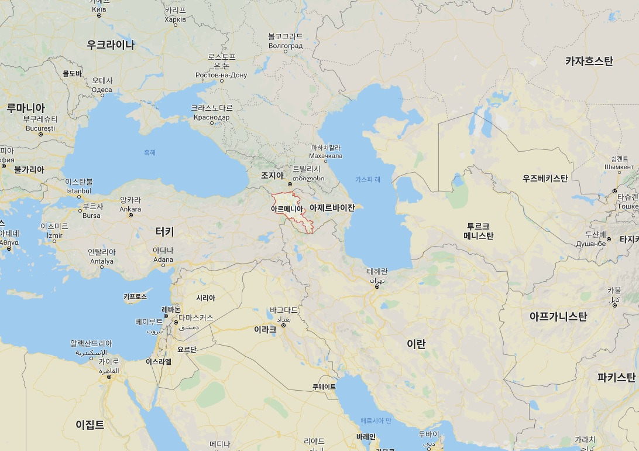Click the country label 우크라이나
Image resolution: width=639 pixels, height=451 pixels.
[111, 45]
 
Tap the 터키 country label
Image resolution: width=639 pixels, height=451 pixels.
[164, 231]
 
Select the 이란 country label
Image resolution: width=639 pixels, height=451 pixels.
[416, 344]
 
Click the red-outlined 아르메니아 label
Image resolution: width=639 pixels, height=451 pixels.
[287, 209]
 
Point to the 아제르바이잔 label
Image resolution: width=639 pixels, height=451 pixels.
[332, 208]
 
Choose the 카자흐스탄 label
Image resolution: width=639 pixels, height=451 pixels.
[589, 61]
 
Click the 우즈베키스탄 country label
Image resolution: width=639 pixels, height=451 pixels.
[545, 178]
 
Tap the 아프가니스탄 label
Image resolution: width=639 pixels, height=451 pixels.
[558, 317]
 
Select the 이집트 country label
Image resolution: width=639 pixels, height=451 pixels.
[90, 425]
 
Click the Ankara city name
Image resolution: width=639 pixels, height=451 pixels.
[130, 209]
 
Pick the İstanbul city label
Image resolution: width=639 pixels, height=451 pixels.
[78, 191]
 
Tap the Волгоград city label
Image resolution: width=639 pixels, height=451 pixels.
[285, 45]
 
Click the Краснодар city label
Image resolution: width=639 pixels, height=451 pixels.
[211, 117]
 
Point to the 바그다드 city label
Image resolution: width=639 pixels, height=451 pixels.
[284, 309]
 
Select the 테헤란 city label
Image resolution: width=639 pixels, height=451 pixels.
[377, 272]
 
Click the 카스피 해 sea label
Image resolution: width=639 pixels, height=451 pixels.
[367, 179]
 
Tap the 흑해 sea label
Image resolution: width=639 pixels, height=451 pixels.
[150, 152]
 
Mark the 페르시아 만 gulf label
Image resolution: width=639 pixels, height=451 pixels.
[375, 421]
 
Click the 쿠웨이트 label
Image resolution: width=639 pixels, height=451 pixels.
[324, 387]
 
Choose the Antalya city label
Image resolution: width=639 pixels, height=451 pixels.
[102, 261]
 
